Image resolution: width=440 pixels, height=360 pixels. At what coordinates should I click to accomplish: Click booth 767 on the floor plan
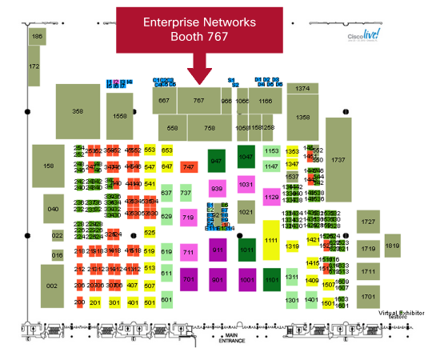tap(199, 101)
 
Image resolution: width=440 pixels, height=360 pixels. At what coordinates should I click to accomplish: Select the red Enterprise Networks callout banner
tap(199, 30)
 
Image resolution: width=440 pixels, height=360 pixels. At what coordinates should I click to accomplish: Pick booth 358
tap(78, 112)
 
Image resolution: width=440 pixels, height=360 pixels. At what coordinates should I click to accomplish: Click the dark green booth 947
tap(216, 161)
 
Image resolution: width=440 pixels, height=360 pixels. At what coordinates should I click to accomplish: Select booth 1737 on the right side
tap(338, 161)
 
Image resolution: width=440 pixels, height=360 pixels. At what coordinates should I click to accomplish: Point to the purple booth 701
tap(189, 280)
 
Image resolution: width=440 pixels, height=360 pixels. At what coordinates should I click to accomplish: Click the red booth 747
tap(189, 166)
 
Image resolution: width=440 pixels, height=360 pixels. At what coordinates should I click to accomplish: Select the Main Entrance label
tap(232, 338)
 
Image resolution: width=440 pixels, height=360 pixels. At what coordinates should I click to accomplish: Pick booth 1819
tap(392, 248)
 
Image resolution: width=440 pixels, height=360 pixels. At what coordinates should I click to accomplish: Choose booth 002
tap(51, 286)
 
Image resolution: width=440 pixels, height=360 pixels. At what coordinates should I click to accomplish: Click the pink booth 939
tap(216, 189)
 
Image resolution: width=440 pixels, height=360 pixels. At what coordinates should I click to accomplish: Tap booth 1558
tap(120, 117)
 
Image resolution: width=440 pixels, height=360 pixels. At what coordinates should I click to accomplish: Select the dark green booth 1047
tap(246, 158)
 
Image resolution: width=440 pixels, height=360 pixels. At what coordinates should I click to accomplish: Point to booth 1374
tap(302, 89)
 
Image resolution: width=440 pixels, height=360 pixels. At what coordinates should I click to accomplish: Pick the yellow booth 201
tap(94, 302)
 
